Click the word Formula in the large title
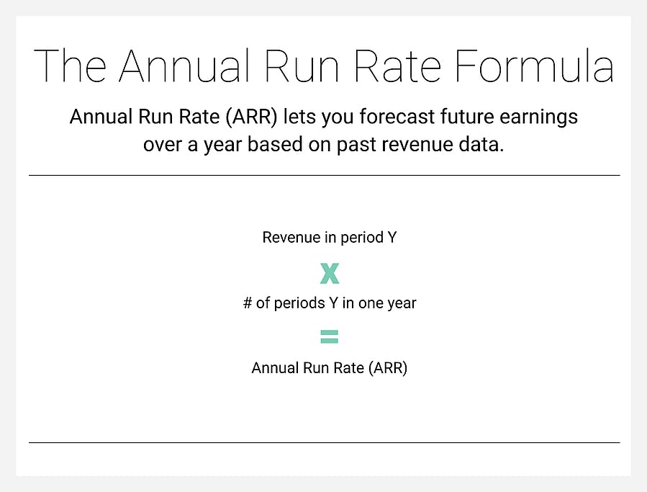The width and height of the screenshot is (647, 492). click(x=535, y=66)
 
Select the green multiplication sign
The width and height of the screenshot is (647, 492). click(x=329, y=274)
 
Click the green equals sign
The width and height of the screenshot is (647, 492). click(x=329, y=336)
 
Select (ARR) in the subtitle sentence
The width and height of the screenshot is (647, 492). click(x=249, y=117)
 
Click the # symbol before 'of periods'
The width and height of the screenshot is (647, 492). click(x=248, y=303)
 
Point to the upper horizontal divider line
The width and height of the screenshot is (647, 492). click(x=324, y=175)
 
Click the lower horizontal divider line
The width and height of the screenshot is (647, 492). click(x=324, y=442)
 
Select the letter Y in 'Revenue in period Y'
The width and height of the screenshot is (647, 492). click(x=392, y=238)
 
